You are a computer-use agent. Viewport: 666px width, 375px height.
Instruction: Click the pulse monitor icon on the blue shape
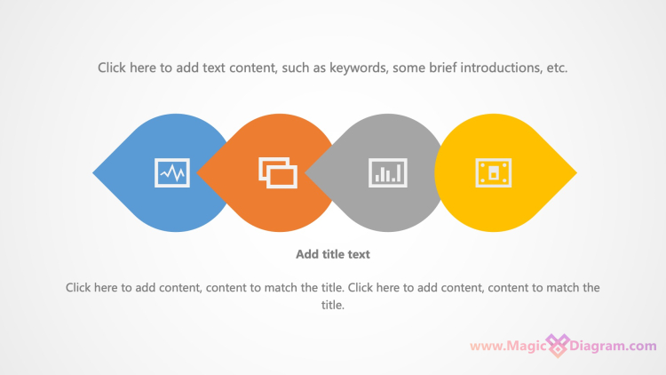click(x=172, y=172)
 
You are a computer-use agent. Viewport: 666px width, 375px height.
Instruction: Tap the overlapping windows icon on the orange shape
click(x=278, y=172)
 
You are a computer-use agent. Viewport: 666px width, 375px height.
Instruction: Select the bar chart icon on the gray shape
click(x=388, y=172)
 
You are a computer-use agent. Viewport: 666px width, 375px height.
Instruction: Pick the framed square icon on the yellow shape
click(x=494, y=172)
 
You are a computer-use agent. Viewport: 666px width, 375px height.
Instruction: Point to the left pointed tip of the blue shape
click(x=93, y=172)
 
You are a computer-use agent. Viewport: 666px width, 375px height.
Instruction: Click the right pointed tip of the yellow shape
click(x=576, y=172)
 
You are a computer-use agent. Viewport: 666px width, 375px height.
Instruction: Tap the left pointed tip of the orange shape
click(x=197, y=172)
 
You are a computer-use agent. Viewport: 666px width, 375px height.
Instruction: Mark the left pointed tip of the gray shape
click(x=305, y=172)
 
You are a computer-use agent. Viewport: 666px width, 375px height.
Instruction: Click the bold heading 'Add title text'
click(x=333, y=254)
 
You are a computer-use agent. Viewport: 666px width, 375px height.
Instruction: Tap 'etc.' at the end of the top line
click(x=557, y=68)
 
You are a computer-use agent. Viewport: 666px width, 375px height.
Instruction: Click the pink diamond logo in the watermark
click(x=558, y=346)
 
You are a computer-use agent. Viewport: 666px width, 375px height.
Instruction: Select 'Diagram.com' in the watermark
click(x=613, y=346)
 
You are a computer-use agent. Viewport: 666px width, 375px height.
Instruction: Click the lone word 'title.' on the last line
click(x=333, y=305)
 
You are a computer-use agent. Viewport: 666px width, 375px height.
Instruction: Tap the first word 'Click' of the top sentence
click(x=112, y=68)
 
